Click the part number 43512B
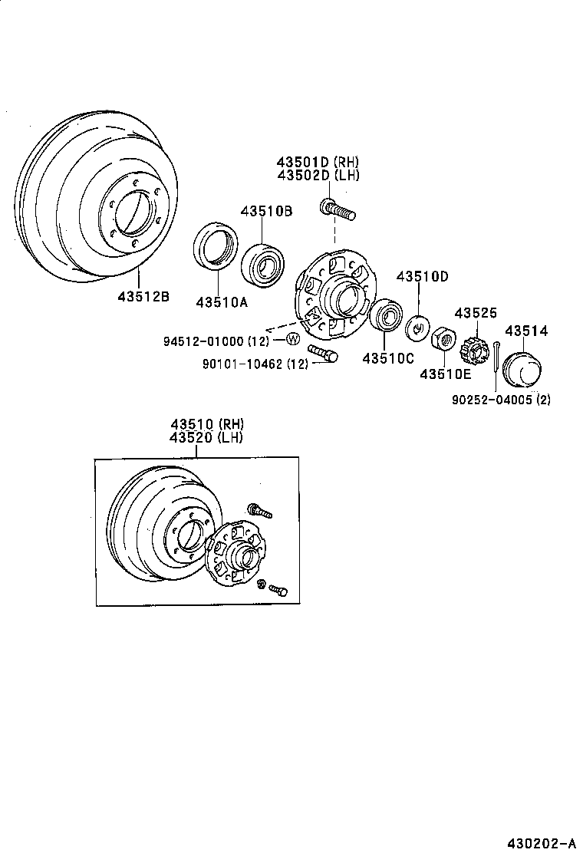click(x=143, y=296)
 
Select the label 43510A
click(x=222, y=302)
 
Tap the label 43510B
click(x=266, y=211)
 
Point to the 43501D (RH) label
click(x=318, y=162)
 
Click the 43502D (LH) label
click(x=318, y=175)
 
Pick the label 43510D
click(x=422, y=276)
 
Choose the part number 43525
click(x=476, y=313)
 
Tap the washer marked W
click(x=293, y=339)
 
